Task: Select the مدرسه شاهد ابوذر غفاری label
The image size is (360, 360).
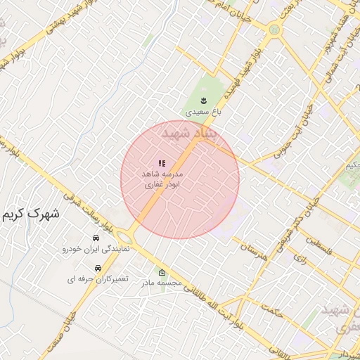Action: tap(162, 179)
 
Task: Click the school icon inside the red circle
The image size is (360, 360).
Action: tap(162, 163)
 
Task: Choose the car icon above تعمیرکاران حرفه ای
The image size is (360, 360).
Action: tap(97, 268)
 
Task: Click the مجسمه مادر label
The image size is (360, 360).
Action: tap(162, 283)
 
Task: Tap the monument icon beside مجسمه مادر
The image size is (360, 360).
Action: tap(162, 273)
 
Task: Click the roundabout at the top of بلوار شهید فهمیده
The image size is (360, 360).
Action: tap(274, 30)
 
